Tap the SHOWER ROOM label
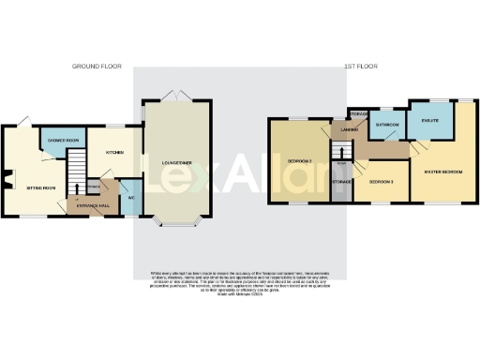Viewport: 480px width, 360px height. (x=62, y=142)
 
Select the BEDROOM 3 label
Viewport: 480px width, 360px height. (x=381, y=181)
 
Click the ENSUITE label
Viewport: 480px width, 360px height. (x=431, y=120)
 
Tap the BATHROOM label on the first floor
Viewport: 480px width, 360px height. (x=387, y=125)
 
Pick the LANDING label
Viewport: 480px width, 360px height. (x=351, y=128)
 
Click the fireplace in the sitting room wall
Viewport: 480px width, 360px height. (x=6, y=179)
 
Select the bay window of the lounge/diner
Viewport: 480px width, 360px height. (x=175, y=223)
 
